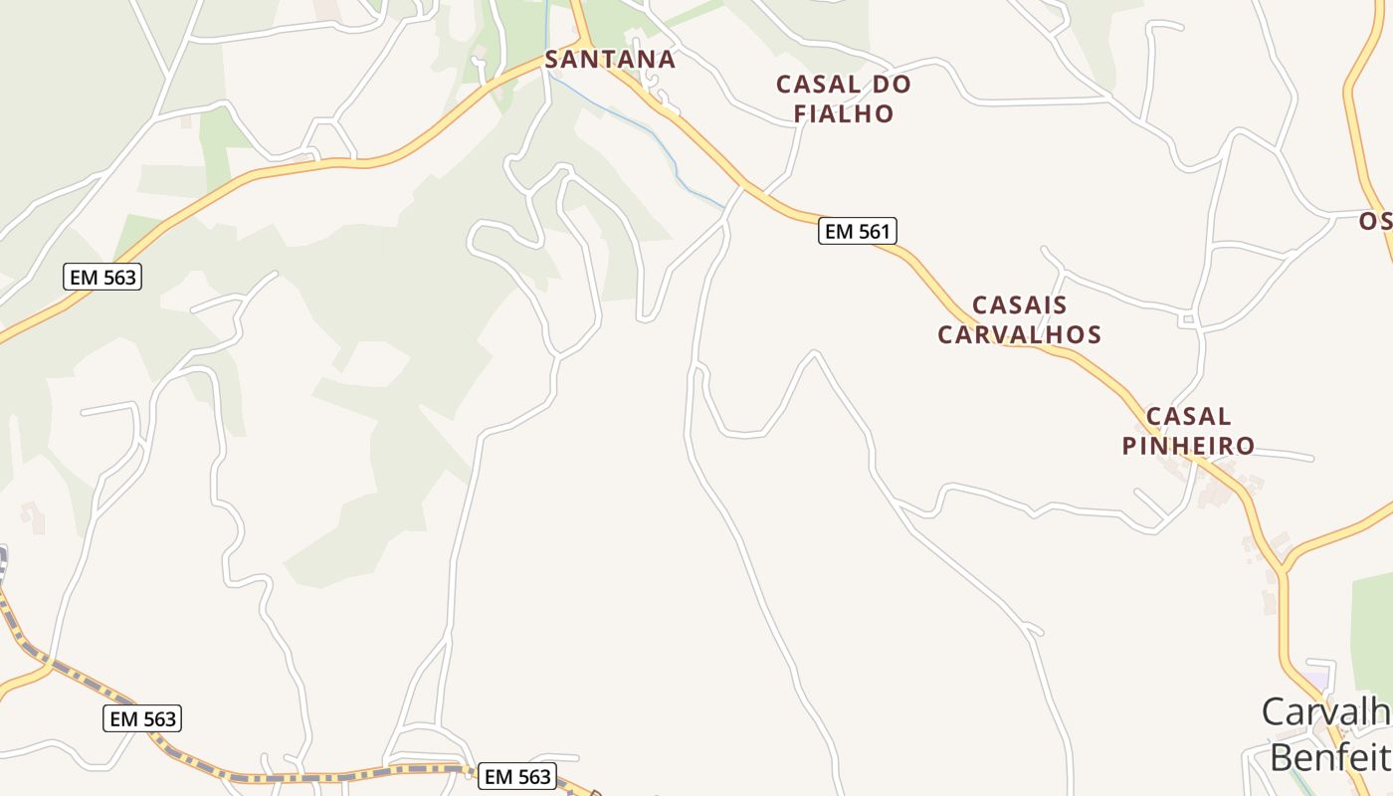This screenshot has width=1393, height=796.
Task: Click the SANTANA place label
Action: (610, 60)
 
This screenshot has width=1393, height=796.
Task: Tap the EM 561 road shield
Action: (858, 232)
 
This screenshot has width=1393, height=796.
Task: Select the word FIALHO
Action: (844, 113)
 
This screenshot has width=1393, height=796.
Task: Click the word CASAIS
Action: (1020, 305)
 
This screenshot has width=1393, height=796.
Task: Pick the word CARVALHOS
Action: (1020, 334)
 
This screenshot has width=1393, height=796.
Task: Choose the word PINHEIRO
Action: (1188, 446)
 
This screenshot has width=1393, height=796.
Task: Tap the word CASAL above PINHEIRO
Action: (1188, 417)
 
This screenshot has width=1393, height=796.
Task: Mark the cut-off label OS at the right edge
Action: (1375, 221)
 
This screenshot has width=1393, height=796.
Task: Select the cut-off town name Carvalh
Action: (1325, 712)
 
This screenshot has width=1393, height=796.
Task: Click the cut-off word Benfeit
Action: (1329, 756)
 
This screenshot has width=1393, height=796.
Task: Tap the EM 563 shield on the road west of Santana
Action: (102, 277)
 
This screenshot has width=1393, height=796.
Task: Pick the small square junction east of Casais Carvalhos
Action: (1187, 319)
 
